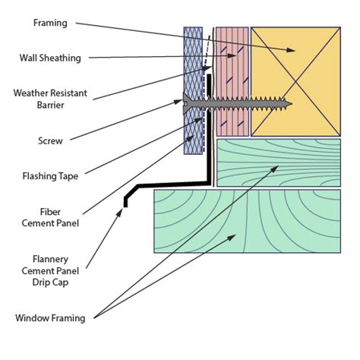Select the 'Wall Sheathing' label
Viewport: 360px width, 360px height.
[50, 58]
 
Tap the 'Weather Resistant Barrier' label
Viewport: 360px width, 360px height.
[50, 99]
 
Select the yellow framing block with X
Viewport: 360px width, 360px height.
[295, 80]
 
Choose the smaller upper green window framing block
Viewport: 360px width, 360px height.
[277, 163]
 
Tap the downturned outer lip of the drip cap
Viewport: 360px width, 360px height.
[125, 199]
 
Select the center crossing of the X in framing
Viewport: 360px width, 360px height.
[295, 80]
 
